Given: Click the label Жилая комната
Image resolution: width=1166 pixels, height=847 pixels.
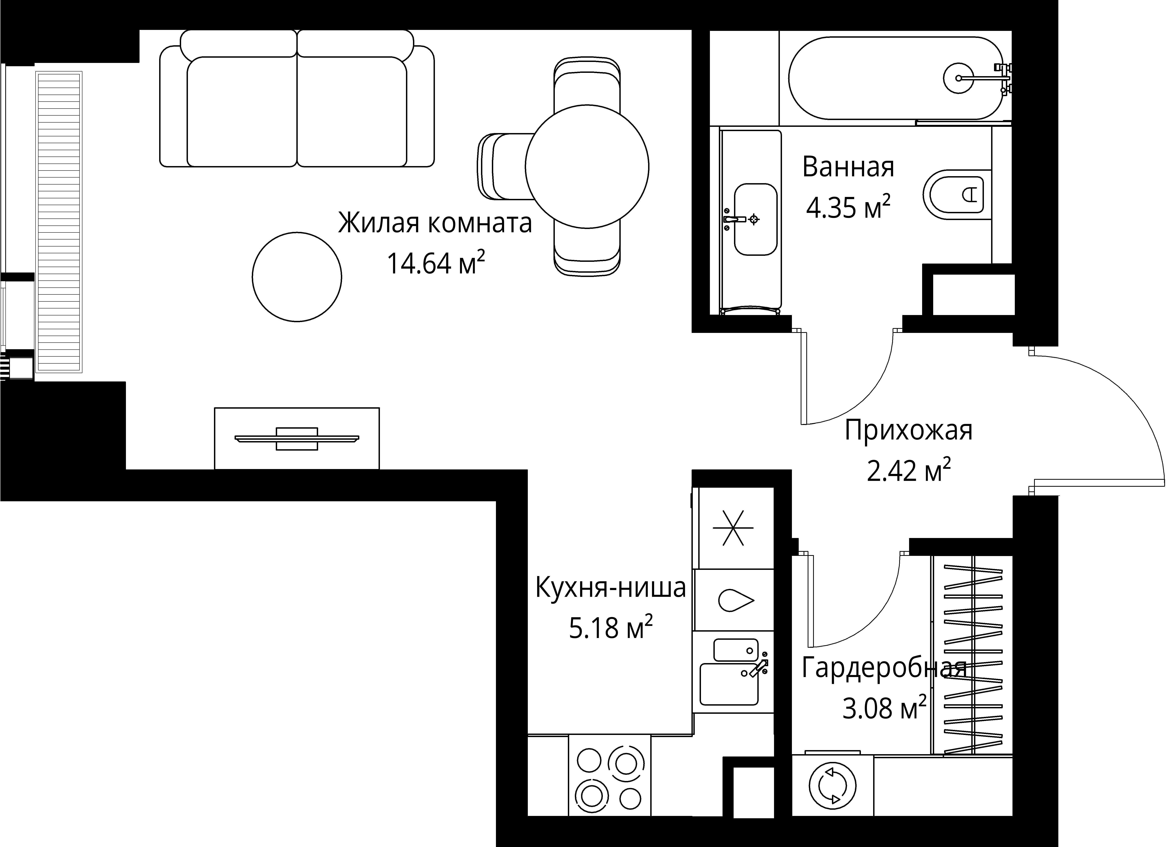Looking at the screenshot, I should [x=434, y=224].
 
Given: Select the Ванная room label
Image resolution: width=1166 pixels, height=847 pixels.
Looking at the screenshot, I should [x=848, y=167].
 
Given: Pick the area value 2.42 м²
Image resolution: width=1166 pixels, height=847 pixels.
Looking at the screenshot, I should [x=909, y=471].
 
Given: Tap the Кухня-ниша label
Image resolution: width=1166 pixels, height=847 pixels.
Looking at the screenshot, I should [x=611, y=588].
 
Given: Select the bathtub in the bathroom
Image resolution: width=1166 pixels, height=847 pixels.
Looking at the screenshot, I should [x=895, y=78].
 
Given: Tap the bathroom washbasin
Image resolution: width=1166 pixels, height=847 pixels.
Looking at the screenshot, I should [x=755, y=219].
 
